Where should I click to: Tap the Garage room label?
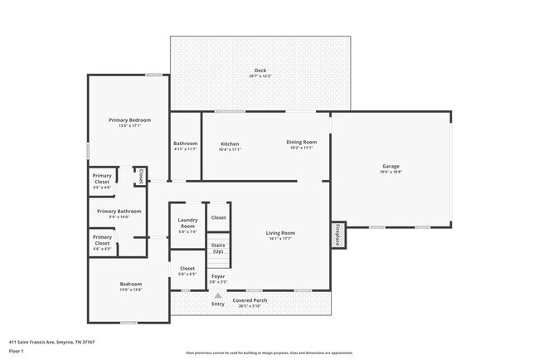pyautogui.click(x=391, y=167)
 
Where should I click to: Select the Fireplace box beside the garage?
pyautogui.click(x=338, y=234)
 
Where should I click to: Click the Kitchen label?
pyautogui.click(x=230, y=144)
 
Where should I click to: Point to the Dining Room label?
pyautogui.click(x=301, y=144)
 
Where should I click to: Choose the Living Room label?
pyautogui.click(x=280, y=233)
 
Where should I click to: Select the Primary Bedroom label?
pyautogui.click(x=129, y=120)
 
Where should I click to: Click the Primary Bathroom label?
pyautogui.click(x=119, y=212)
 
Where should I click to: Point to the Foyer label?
pyautogui.click(x=218, y=276)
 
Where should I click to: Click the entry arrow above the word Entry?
pyautogui.click(x=218, y=295)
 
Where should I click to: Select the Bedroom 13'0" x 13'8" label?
pyautogui.click(x=131, y=285)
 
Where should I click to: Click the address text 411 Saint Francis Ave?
pyautogui.click(x=51, y=341)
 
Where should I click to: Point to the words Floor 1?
pyautogui.click(x=16, y=351)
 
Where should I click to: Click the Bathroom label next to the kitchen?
pyautogui.click(x=185, y=144)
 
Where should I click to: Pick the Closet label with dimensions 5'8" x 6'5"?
pyautogui.click(x=187, y=269)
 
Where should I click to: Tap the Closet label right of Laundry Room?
pyautogui.click(x=218, y=217)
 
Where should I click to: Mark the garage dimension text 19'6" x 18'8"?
pyautogui.click(x=391, y=172)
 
